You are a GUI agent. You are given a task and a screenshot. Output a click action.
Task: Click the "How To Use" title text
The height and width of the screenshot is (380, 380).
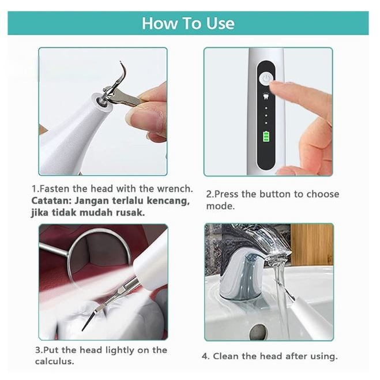(188, 23)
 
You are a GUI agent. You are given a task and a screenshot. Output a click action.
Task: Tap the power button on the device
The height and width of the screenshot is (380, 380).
(266, 79)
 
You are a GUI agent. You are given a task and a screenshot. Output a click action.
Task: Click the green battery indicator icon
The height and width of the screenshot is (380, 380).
(266, 137)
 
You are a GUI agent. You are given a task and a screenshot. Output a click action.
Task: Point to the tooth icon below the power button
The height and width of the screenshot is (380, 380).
(266, 96)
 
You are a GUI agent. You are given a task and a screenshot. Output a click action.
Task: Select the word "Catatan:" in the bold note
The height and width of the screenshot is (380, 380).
(51, 201)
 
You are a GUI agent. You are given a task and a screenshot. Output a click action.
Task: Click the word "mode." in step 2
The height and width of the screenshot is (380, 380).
(220, 206)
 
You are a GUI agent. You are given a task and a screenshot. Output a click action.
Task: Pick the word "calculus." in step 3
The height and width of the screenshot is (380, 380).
(55, 362)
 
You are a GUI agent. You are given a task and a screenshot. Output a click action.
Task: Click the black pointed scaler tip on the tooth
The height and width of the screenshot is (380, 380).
(89, 320)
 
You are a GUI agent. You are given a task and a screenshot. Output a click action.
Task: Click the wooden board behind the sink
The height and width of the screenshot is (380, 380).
(311, 244)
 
